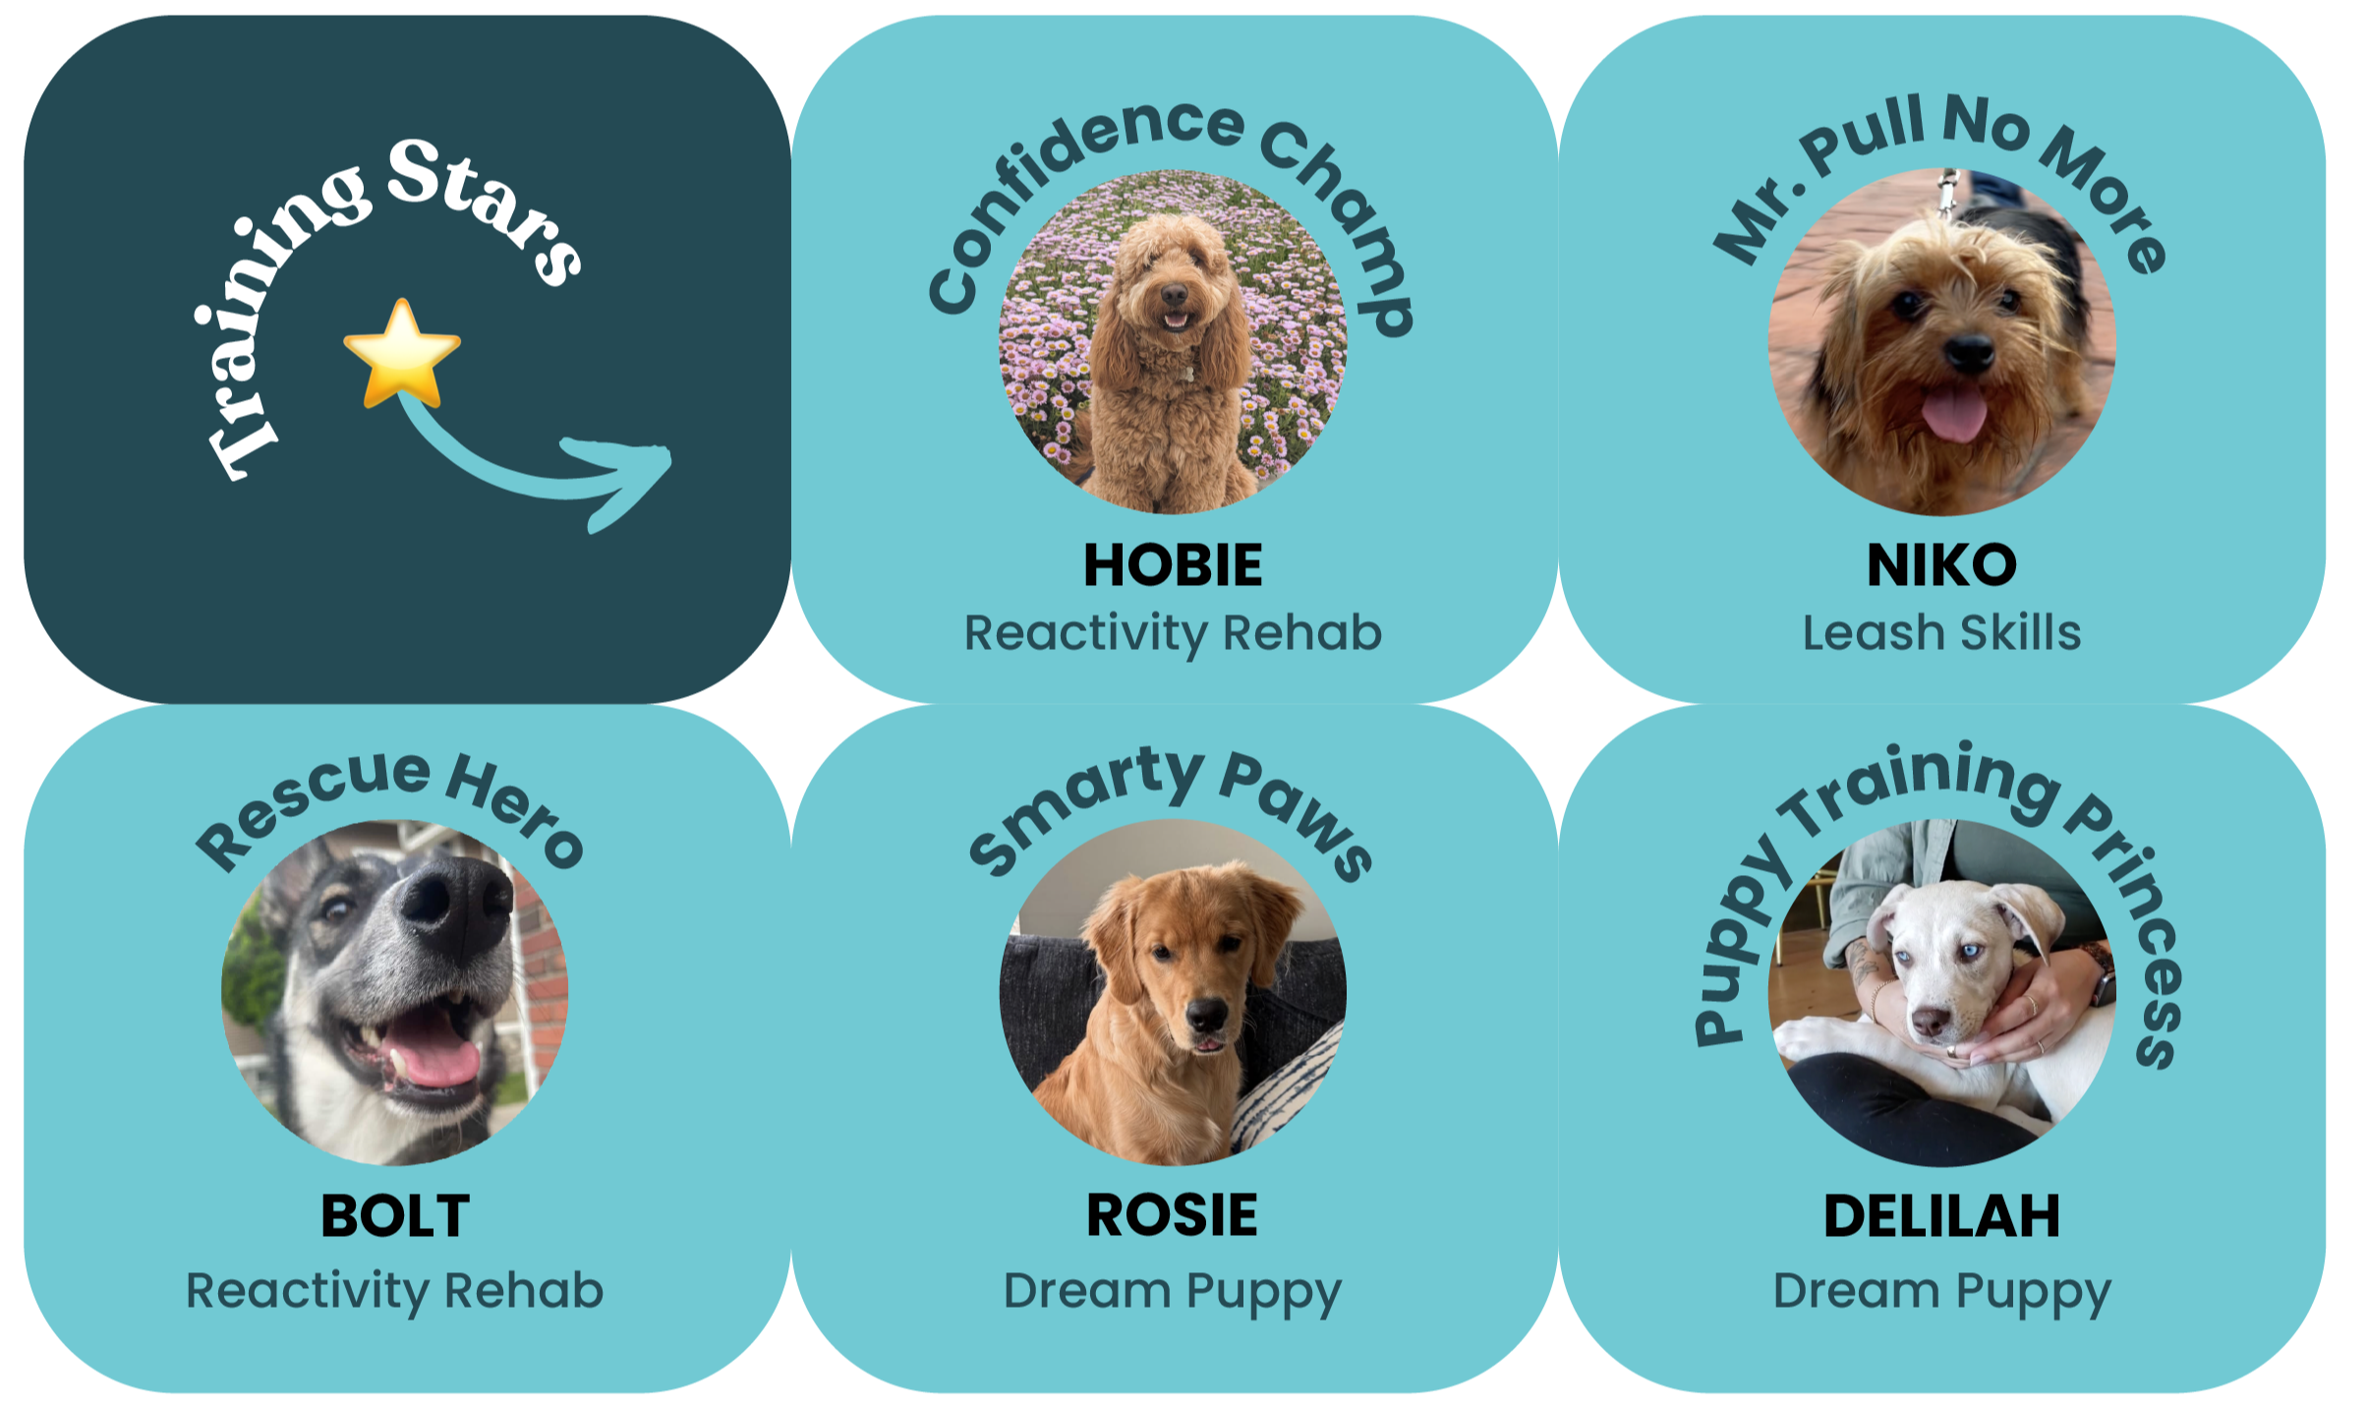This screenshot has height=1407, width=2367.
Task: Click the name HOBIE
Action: coord(1173,565)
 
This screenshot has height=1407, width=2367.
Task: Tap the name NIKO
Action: coord(1941,565)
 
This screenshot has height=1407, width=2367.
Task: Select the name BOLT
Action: coord(395,1216)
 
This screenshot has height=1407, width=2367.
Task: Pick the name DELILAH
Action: coord(1941,1216)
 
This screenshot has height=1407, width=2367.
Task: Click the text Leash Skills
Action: coord(1941,633)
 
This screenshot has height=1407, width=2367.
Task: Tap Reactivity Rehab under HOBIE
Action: coord(1173,633)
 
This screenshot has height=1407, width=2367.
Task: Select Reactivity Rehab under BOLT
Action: coord(395,1291)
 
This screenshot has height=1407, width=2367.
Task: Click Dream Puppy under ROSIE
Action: coord(1172,1292)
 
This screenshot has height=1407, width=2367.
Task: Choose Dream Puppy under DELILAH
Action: coord(1941,1292)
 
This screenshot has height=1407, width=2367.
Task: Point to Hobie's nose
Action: coord(1174,294)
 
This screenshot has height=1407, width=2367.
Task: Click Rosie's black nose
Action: coord(1208,1013)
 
